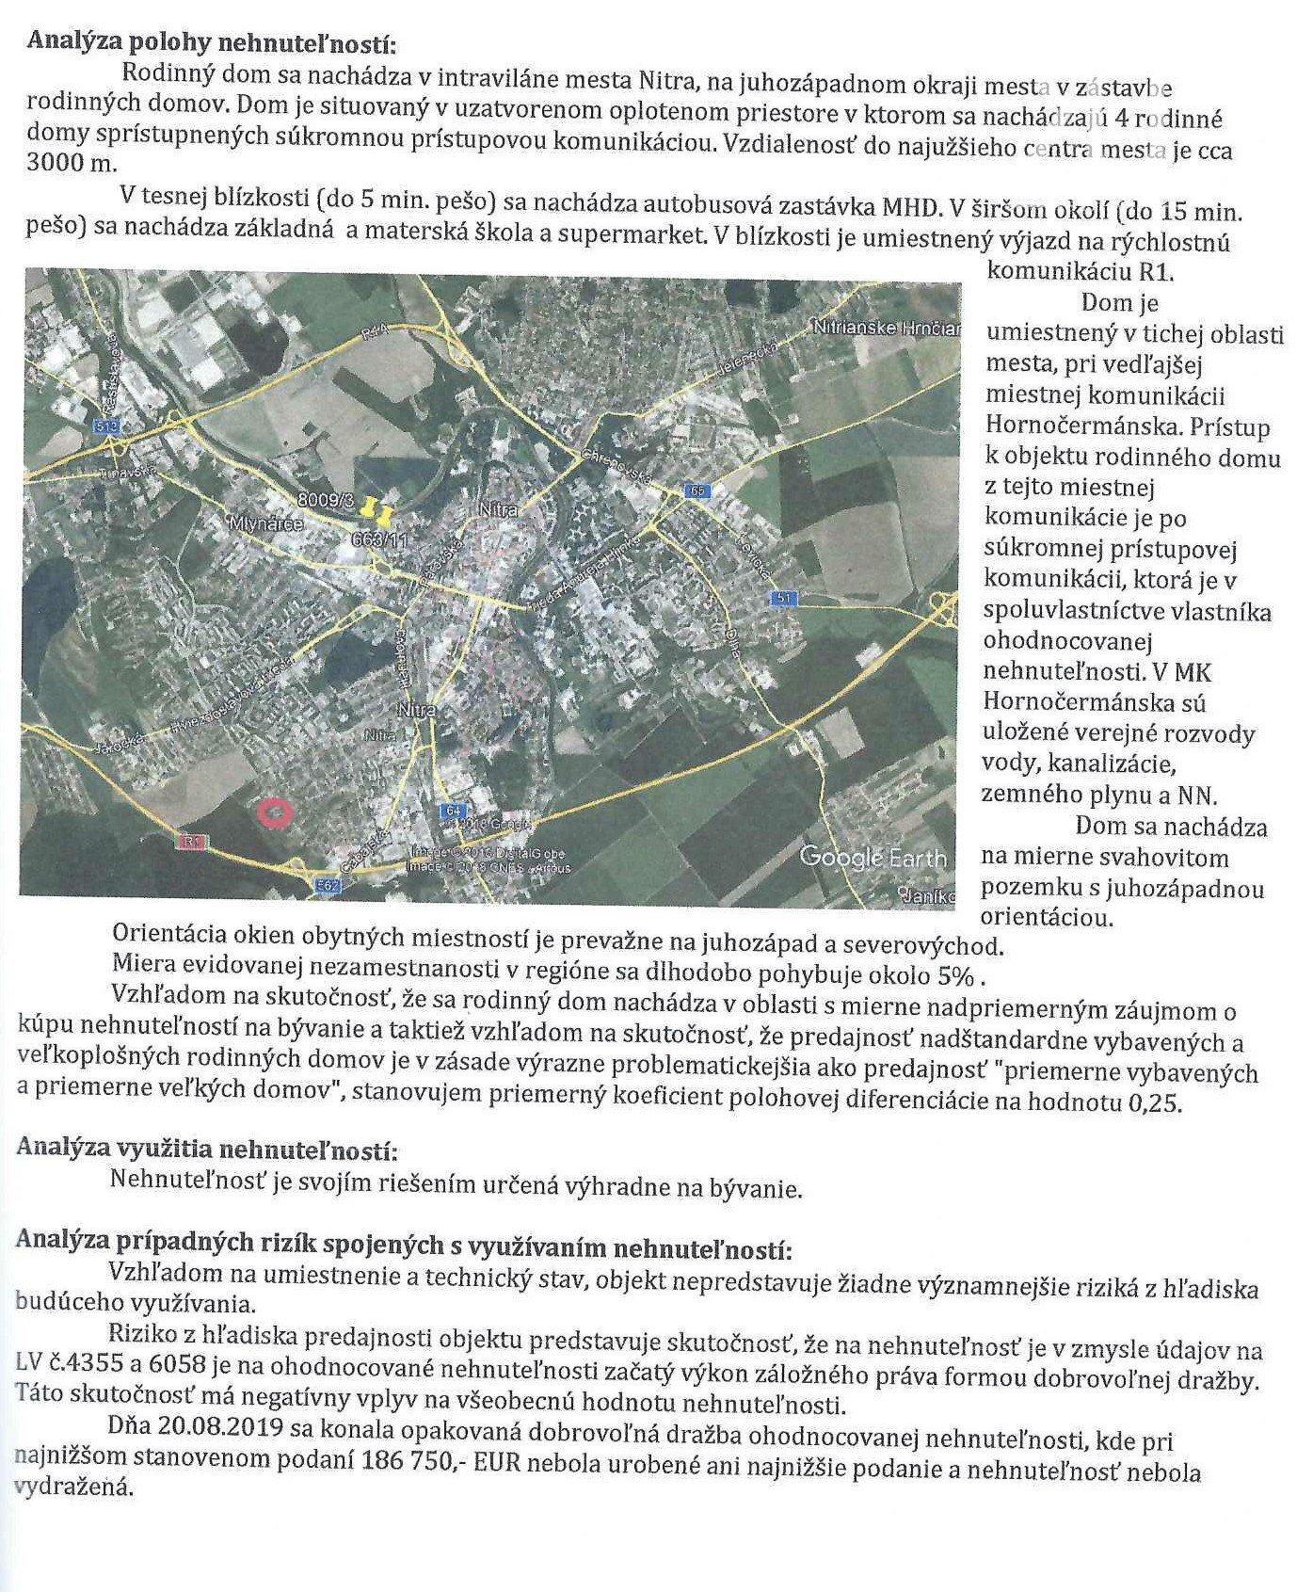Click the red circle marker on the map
(275, 811)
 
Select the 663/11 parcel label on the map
(379, 539)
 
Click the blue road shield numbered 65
(697, 490)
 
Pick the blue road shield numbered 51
(782, 598)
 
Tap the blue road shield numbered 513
(107, 426)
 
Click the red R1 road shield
(192, 843)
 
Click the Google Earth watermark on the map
(873, 858)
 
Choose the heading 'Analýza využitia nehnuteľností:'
(206, 1150)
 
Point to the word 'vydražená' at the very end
(73, 1487)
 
